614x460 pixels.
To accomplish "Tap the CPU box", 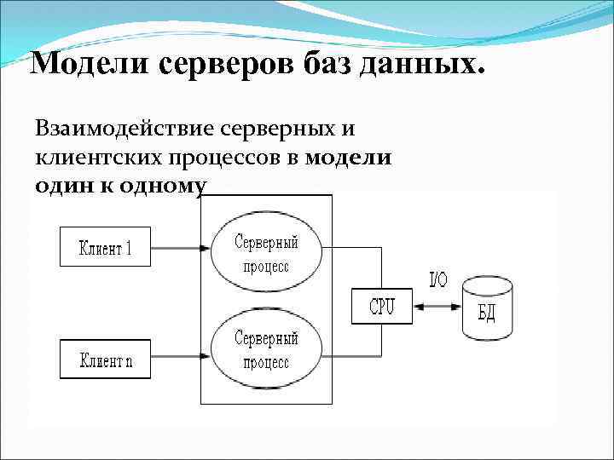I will pyautogui.click(x=381, y=306).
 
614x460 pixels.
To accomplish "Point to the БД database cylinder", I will pyautogui.click(x=487, y=306).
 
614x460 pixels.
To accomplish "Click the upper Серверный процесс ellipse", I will pyautogui.click(x=267, y=253).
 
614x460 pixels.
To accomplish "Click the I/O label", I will pyautogui.click(x=437, y=278).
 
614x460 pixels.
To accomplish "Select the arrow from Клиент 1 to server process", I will pyautogui.click(x=177, y=248).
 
